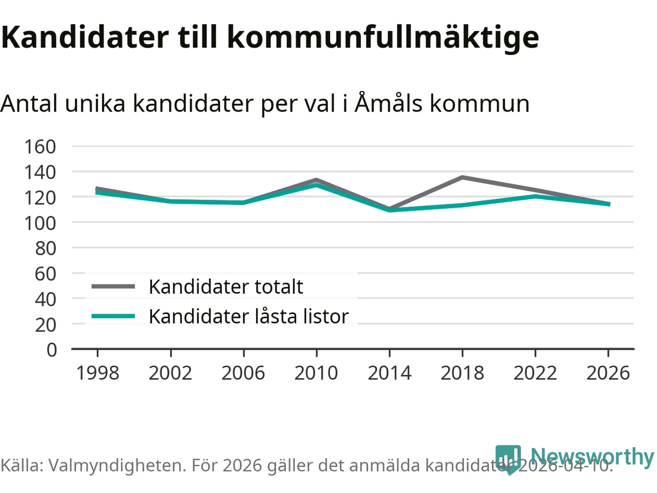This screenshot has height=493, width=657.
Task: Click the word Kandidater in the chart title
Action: tap(85, 37)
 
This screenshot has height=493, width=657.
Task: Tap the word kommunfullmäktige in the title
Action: tap(382, 37)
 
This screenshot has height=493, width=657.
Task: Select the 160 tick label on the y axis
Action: tap(40, 147)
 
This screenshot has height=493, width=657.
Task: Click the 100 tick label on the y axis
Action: tap(40, 223)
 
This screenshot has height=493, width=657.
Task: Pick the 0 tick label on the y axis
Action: tap(51, 350)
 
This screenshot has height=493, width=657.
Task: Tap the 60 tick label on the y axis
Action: tap(45, 274)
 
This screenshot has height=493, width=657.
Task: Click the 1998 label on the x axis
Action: tap(98, 373)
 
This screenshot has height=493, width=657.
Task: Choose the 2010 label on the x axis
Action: tap(316, 373)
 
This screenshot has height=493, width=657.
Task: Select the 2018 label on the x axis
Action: tap(462, 373)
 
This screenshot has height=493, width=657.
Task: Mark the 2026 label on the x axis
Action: tap(608, 373)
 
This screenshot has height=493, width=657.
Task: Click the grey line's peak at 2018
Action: tap(462, 178)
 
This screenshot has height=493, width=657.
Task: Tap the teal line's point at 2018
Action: tap(462, 205)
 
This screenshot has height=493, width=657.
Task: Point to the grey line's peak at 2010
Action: tap(316, 180)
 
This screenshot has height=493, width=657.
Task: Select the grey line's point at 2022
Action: tap(535, 191)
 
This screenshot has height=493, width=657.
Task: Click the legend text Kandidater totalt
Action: tap(226, 287)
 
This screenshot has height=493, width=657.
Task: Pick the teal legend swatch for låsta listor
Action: tap(113, 316)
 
